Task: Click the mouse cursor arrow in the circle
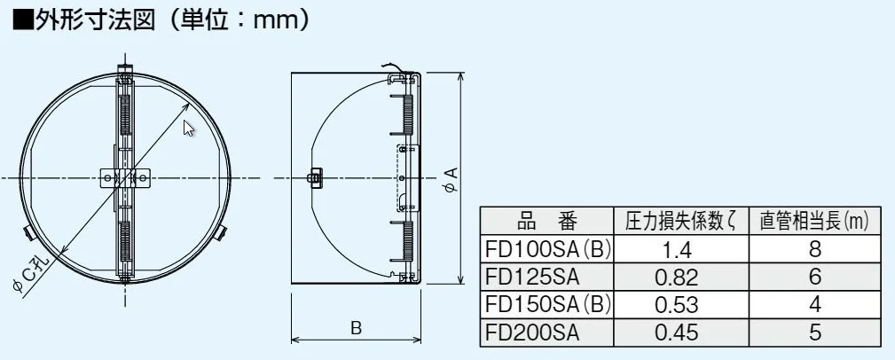(x=189, y=129)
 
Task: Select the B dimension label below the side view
(x=356, y=329)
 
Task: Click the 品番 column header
(x=546, y=221)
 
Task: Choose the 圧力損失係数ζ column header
(x=681, y=221)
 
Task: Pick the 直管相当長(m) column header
(x=814, y=221)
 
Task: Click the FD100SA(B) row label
(x=546, y=249)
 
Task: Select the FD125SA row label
(x=532, y=277)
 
